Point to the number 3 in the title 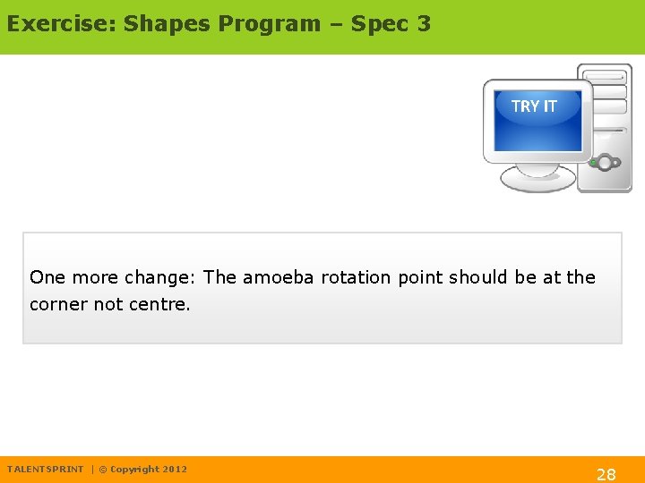[x=423, y=24]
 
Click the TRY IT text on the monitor [x=534, y=106]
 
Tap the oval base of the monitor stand [x=537, y=178]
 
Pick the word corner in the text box [x=58, y=304]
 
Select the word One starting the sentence [x=47, y=277]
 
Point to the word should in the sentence [x=479, y=277]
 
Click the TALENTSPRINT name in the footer [x=45, y=470]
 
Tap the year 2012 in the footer [x=175, y=470]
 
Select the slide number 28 [x=606, y=474]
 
